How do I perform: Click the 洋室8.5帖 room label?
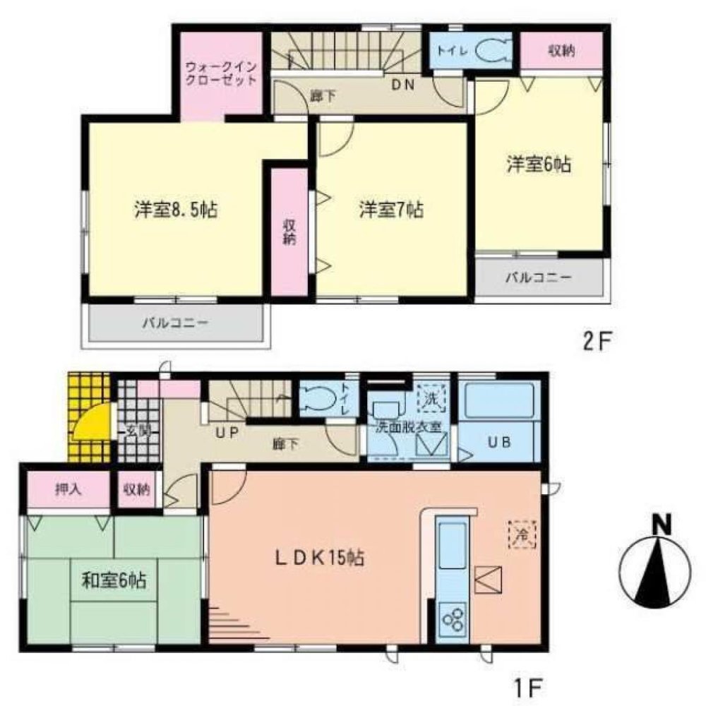(174, 210)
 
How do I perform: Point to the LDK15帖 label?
(319, 558)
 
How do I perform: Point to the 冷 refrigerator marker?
(522, 534)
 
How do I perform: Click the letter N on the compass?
(661, 525)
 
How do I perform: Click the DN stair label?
(402, 85)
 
